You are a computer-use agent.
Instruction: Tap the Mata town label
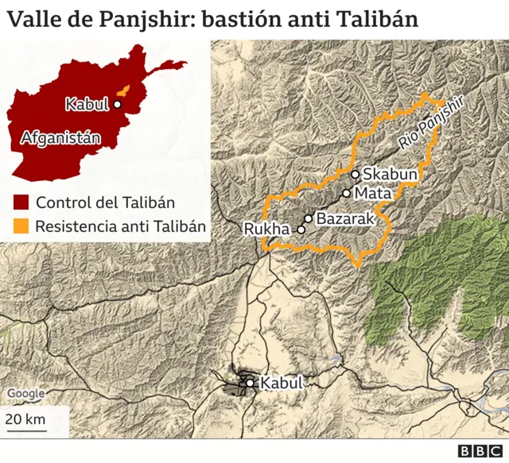[371, 193]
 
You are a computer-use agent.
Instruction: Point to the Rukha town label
[267, 230]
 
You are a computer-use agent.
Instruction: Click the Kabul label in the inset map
[87, 103]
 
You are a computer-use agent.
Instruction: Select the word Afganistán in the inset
[61, 137]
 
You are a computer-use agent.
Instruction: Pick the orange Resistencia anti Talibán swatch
[21, 226]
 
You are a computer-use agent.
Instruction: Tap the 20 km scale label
[25, 419]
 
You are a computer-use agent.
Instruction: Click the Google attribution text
[25, 393]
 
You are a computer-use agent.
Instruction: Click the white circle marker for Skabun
[355, 174]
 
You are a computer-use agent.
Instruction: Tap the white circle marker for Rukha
[301, 230]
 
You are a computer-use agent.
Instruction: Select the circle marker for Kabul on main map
[251, 384]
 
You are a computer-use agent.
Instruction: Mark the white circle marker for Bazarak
[308, 218]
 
